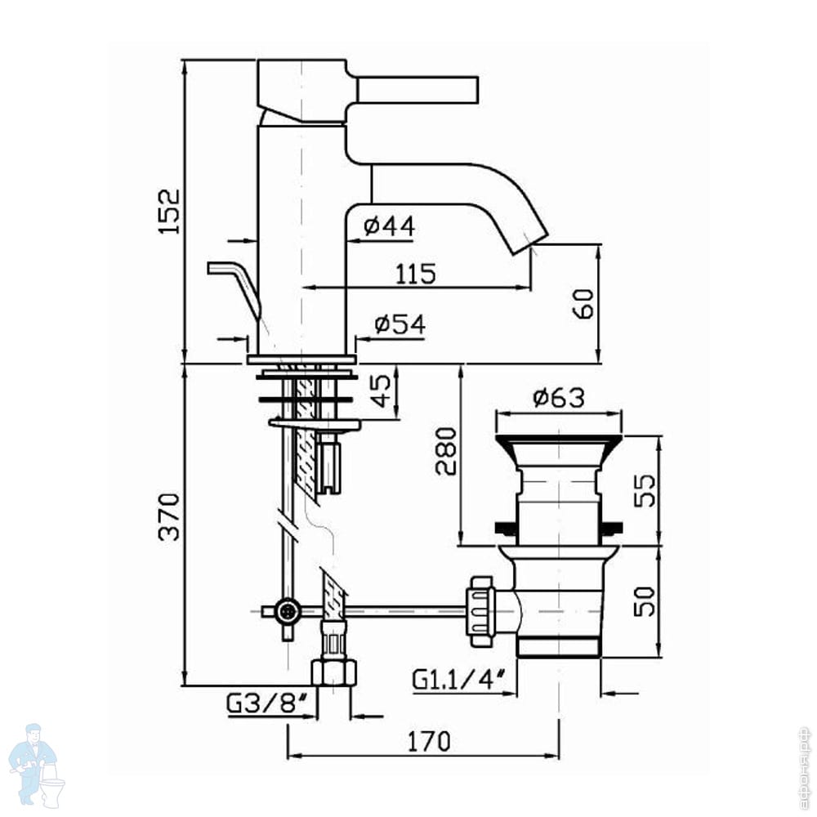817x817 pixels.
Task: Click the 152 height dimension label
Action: click(170, 212)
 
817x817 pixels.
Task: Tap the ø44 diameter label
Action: click(390, 226)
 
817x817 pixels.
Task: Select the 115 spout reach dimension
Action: click(415, 274)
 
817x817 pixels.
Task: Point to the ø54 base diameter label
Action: click(400, 324)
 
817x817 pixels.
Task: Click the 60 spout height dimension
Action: click(583, 304)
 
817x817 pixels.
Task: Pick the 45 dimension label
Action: click(381, 391)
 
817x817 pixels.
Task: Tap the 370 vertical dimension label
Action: click(170, 517)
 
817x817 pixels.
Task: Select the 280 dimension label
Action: click(446, 451)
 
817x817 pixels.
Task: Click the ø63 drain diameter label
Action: click(559, 398)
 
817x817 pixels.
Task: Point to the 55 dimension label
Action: click(646, 490)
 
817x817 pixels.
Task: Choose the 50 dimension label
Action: click(645, 601)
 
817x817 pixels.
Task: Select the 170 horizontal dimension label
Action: click(429, 742)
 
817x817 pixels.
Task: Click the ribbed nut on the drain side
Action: click(481, 611)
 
